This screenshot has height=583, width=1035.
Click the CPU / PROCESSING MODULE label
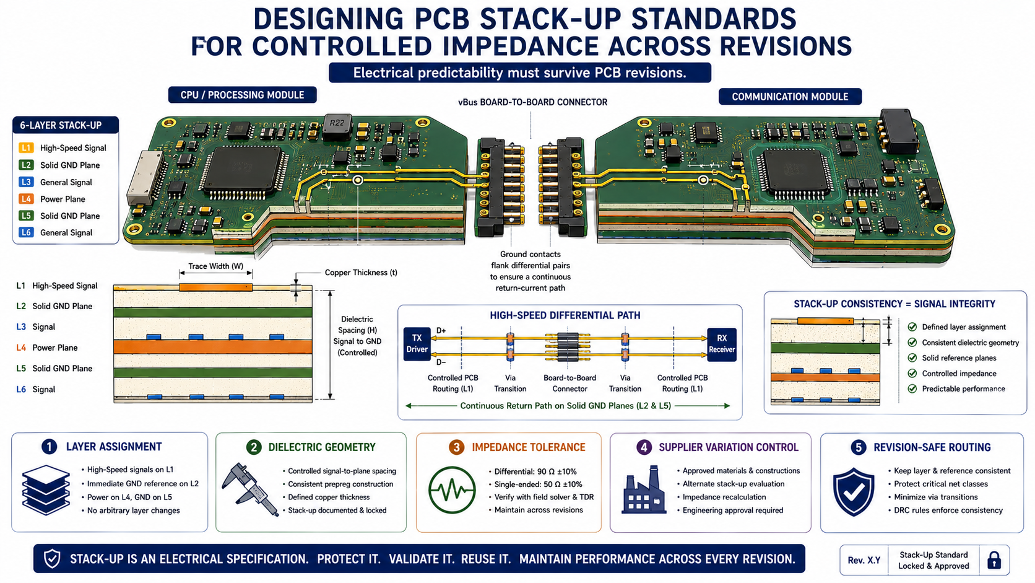242,95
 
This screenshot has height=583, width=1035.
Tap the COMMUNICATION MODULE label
790,97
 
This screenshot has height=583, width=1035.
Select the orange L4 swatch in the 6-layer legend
26,199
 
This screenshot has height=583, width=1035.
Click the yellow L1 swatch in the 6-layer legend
26,148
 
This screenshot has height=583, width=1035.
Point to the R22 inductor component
337,126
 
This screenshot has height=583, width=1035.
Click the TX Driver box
417,344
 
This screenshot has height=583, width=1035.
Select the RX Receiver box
721,344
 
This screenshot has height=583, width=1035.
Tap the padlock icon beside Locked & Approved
994,560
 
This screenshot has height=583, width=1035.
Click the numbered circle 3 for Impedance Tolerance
456,447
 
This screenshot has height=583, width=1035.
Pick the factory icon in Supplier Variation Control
644,489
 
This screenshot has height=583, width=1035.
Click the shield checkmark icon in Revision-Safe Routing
854,491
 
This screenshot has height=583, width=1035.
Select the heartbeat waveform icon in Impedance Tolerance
452,490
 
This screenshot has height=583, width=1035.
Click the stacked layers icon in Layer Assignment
46,489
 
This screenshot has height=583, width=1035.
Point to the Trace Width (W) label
216,266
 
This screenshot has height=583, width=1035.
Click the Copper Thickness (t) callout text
361,273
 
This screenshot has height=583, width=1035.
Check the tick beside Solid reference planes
912,358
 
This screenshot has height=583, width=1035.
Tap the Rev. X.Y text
864,560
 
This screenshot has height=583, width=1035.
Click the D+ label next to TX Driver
441,331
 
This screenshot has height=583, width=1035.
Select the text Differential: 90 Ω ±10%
535,471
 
